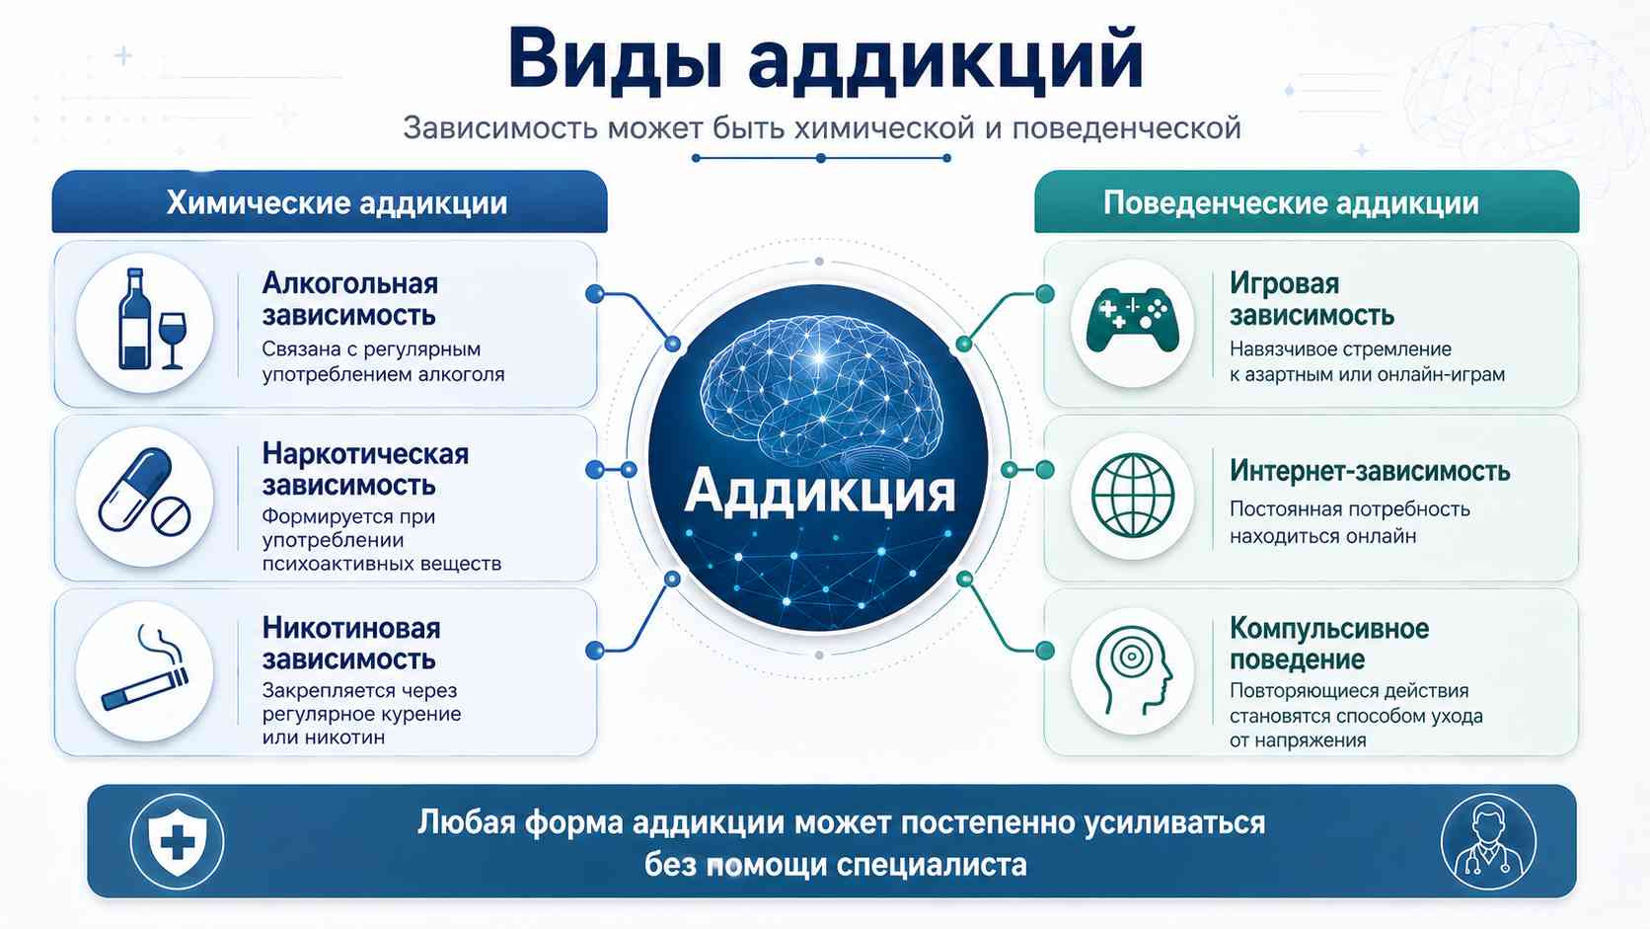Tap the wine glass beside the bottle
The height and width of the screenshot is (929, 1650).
click(173, 340)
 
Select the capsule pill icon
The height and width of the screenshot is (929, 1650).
click(135, 489)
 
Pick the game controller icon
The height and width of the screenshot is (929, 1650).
click(1132, 319)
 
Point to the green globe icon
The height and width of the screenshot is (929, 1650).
click(1132, 495)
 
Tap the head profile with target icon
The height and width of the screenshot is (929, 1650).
click(1132, 670)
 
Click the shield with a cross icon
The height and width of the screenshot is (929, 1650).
click(177, 840)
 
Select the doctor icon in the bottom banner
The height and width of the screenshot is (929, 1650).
click(1488, 841)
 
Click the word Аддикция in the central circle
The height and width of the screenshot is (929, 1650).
click(819, 492)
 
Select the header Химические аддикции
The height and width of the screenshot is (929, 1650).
click(337, 202)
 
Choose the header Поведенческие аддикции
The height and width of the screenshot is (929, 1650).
click(1291, 202)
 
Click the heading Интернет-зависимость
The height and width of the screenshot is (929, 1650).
click(1370, 471)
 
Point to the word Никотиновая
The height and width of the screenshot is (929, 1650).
click(351, 628)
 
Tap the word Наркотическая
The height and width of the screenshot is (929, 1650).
click(365, 454)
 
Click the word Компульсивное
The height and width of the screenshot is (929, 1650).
click(1329, 629)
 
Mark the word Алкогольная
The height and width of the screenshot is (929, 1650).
click(350, 283)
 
